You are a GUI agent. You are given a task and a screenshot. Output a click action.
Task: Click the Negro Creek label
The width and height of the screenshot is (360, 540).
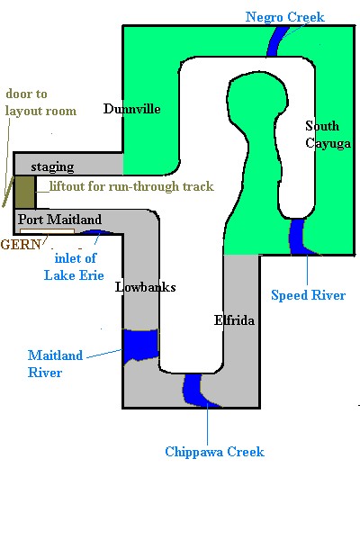tap(285, 17)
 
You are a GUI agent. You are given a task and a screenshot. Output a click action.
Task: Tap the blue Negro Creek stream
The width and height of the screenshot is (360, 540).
tap(278, 41)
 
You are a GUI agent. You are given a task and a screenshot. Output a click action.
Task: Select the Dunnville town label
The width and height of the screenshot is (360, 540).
tap(132, 109)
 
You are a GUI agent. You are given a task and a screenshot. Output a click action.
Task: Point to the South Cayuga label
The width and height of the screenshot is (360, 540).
tap(328, 135)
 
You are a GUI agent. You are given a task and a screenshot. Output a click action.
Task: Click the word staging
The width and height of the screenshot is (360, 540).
tap(52, 167)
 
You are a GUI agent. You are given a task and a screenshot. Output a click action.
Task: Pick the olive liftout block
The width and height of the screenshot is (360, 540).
tap(24, 192)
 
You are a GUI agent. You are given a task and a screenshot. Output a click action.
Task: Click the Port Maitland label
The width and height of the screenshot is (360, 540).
tap(60, 220)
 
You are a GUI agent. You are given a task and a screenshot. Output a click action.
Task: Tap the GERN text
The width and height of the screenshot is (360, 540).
tap(21, 244)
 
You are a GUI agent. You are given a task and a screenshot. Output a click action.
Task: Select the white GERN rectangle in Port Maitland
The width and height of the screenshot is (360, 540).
tap(47, 231)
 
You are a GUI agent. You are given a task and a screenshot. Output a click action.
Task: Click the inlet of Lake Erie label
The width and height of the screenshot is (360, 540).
tap(74, 266)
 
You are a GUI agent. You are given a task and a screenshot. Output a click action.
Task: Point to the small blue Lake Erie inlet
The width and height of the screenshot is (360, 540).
tap(95, 232)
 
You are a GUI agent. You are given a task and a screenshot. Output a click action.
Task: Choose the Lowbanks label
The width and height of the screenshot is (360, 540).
tap(146, 287)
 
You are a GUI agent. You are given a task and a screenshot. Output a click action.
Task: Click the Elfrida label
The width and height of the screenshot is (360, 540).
tap(234, 320)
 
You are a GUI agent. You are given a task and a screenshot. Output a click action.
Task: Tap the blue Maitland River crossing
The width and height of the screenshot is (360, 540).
tap(141, 345)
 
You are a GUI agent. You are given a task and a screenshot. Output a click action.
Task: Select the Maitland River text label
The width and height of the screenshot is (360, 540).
tap(55, 364)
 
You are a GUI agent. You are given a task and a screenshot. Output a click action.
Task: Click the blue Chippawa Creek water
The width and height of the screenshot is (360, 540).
tap(195, 389)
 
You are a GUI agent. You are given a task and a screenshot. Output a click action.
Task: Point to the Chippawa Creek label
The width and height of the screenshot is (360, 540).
tap(214, 452)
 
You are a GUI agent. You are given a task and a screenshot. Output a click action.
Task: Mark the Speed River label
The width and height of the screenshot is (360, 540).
tap(309, 295)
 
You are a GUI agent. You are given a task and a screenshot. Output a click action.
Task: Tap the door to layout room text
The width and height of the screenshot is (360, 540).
tap(40, 103)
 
